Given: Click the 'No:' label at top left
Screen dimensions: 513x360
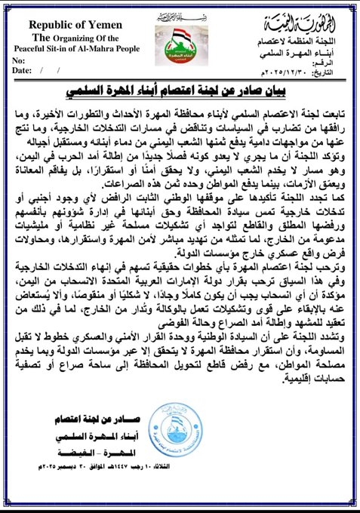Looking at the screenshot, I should click(x=20, y=58).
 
